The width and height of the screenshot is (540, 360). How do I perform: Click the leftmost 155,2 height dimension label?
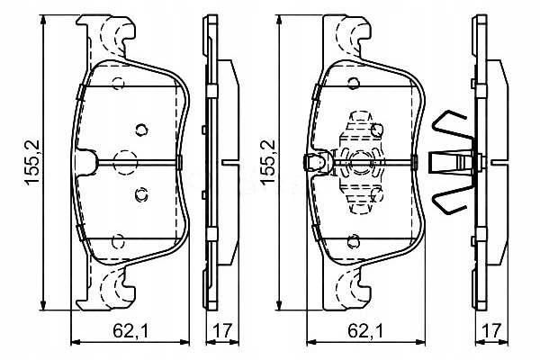pyautogui.click(x=32, y=162)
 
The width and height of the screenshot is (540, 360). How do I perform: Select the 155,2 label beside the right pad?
pyautogui.click(x=268, y=162)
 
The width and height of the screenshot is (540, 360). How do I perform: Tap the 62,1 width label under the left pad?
pyautogui.click(x=130, y=331)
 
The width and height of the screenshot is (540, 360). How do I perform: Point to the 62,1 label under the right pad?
pyautogui.click(x=365, y=331)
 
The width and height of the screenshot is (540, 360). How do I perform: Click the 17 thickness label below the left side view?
pyautogui.click(x=222, y=331)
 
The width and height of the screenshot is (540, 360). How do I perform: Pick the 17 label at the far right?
pyautogui.click(x=491, y=331)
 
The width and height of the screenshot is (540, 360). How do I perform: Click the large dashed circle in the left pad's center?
pyautogui.click(x=125, y=162)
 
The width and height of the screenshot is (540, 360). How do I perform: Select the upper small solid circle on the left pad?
pyautogui.click(x=141, y=130)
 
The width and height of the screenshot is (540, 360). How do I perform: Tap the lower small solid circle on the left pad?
pyautogui.click(x=141, y=195)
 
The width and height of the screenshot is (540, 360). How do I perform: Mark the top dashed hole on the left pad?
pyautogui.click(x=118, y=84)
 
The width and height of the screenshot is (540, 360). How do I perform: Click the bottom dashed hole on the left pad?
pyautogui.click(x=118, y=241)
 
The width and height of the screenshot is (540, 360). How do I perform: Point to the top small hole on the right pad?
pyautogui.click(x=354, y=84)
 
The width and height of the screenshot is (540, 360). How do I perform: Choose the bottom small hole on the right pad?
pyautogui.click(x=354, y=241)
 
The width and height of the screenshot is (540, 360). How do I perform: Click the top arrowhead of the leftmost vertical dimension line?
pyautogui.click(x=43, y=20)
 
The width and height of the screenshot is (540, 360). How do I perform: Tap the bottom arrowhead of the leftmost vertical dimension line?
pyautogui.click(x=43, y=304)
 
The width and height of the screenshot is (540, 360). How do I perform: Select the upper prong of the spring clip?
pyautogui.click(x=452, y=125)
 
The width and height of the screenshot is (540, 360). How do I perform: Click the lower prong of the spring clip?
pyautogui.click(x=452, y=200)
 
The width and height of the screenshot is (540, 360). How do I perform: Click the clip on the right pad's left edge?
pyautogui.click(x=318, y=162)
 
